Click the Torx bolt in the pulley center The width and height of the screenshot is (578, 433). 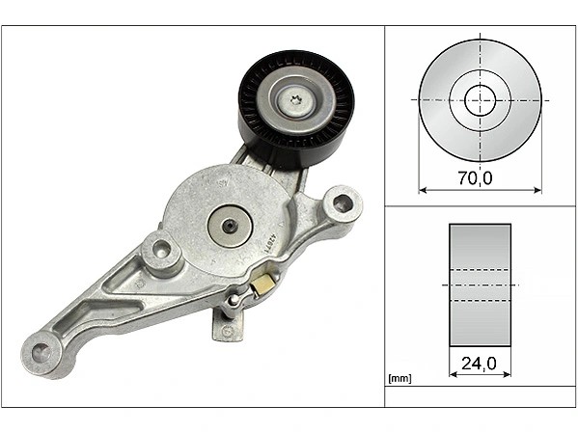[295, 100]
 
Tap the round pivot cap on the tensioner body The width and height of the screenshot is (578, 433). [230, 226]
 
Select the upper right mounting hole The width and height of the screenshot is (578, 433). [342, 203]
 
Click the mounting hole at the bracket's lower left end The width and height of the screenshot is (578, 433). [41, 353]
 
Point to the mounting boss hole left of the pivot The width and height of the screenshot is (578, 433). [161, 248]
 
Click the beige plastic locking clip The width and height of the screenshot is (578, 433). [262, 284]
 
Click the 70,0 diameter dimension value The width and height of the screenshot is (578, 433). [475, 178]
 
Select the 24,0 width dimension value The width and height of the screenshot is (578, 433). [479, 365]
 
